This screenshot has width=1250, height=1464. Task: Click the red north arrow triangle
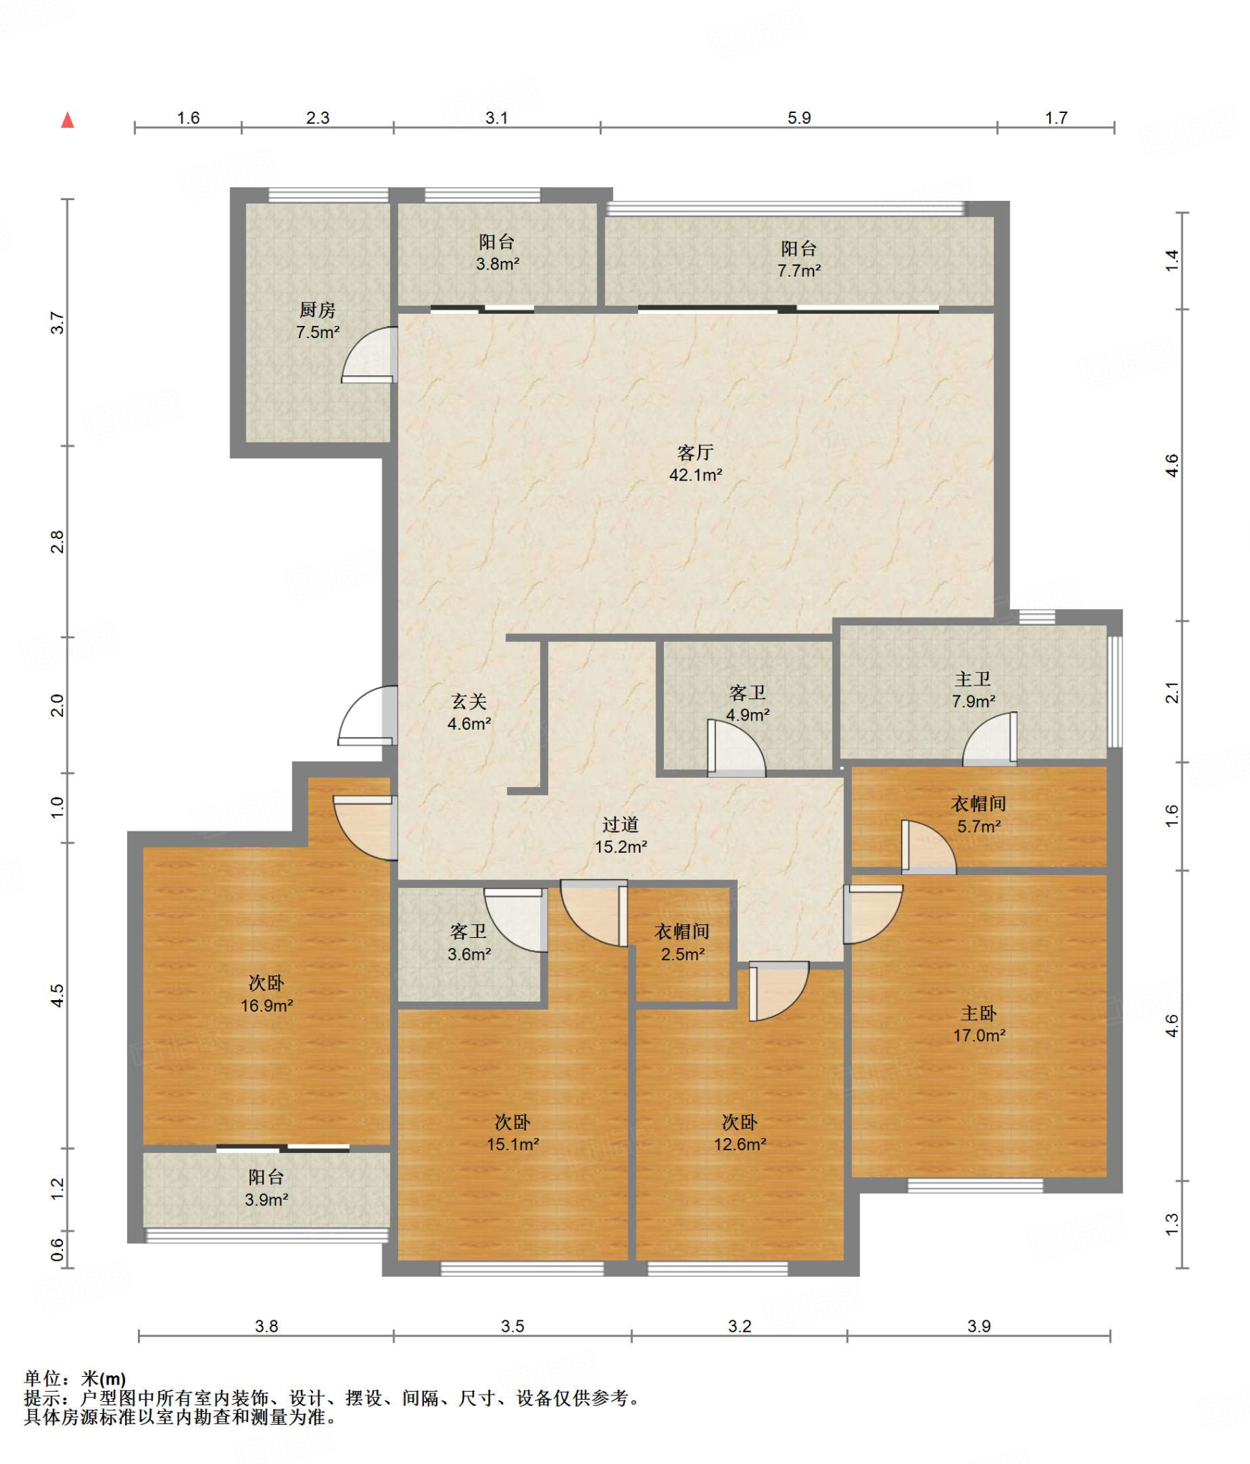point(68,119)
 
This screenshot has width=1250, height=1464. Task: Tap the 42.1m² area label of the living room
point(695,475)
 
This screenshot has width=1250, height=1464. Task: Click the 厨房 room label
point(317,310)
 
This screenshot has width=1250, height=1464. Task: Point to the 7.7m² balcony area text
point(799,271)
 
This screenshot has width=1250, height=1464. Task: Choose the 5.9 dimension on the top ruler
point(799,118)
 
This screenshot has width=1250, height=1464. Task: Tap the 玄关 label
point(469,701)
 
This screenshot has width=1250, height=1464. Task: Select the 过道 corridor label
point(620,824)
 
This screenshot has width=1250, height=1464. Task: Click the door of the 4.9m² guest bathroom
point(736,748)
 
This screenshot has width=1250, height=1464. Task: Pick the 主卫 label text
point(973,678)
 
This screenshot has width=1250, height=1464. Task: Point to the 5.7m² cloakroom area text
point(979,826)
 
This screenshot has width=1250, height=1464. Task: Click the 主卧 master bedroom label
point(979,1013)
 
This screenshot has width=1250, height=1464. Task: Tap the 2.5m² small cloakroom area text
point(683,954)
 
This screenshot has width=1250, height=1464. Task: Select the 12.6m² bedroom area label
point(740,1144)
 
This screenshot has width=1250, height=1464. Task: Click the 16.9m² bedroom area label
point(267,1006)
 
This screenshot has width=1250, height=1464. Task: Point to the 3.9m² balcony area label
point(267,1200)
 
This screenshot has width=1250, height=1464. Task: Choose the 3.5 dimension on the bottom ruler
point(512,1327)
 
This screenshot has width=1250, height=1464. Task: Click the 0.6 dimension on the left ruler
point(58,1250)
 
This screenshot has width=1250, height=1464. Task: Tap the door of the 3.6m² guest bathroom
point(516,920)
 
